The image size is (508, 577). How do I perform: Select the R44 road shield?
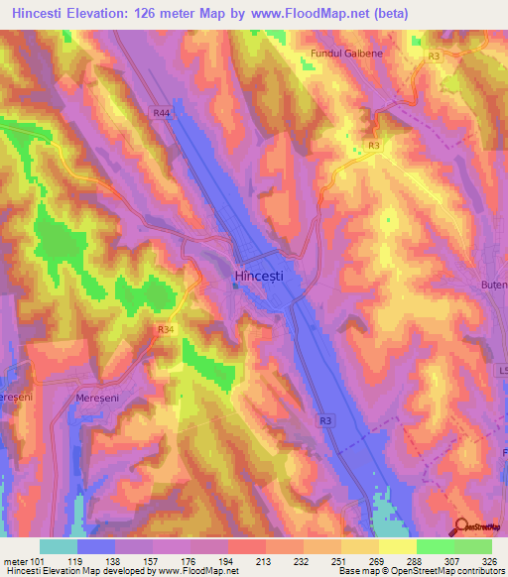click(161, 114)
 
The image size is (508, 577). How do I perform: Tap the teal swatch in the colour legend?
click(59, 546)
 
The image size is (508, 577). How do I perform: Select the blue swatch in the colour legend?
click(96, 546)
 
